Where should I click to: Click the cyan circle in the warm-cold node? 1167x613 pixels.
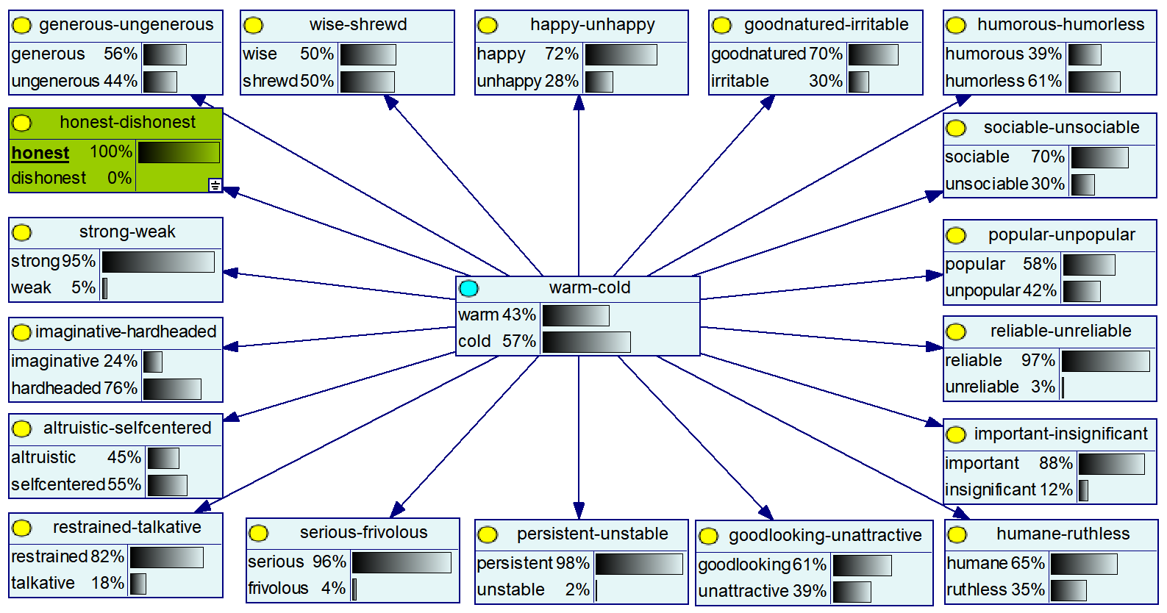(x=468, y=288)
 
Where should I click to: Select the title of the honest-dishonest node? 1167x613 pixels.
(x=127, y=122)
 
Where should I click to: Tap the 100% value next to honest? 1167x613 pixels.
(x=110, y=152)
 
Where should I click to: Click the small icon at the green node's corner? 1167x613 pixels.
(x=215, y=185)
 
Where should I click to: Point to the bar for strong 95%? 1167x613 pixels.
(x=158, y=262)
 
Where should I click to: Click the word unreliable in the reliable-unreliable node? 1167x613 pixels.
(x=982, y=387)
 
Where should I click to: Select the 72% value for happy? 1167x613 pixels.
(x=561, y=54)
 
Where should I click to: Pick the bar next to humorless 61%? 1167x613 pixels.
(x=1093, y=82)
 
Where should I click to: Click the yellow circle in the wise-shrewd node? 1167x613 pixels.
(x=253, y=26)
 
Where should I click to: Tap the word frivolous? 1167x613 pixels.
(x=278, y=589)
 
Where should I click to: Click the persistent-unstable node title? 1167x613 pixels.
(x=592, y=534)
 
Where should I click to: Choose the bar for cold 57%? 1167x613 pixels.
(x=586, y=342)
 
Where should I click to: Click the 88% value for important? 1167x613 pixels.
(x=1055, y=464)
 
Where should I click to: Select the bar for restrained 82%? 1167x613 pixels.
(x=166, y=557)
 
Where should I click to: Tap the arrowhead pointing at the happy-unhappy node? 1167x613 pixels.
(x=579, y=102)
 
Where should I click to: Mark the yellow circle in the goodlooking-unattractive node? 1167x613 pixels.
(x=708, y=537)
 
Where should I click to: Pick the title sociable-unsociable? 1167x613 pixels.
(x=1061, y=128)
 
